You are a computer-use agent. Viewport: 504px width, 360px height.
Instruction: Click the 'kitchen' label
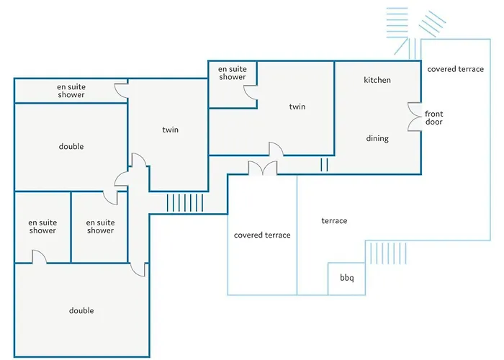[x=377, y=80]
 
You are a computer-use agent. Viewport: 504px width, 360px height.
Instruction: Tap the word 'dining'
[x=377, y=138]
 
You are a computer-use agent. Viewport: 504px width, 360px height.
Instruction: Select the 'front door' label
[x=433, y=117]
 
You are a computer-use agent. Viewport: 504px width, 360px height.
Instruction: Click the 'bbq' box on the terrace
[x=346, y=279]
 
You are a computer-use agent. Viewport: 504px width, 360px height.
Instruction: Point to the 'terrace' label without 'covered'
[x=334, y=220]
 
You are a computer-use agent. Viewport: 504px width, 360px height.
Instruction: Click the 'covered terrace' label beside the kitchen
[x=455, y=69]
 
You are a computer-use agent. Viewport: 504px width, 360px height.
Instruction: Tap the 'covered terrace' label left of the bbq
[x=262, y=235]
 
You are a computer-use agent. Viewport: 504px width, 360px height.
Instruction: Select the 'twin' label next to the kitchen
[x=297, y=107]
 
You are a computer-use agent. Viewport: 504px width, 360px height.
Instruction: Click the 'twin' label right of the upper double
[x=170, y=130]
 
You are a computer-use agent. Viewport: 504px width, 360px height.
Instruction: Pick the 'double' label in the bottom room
[x=81, y=310]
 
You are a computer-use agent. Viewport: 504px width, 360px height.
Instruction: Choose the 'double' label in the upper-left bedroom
[x=71, y=146]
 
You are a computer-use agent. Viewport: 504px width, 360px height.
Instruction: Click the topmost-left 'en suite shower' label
[x=71, y=91]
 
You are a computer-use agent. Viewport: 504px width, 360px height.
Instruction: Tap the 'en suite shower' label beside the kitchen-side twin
[x=232, y=73]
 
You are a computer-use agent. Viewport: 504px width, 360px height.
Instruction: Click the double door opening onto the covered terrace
[x=263, y=168]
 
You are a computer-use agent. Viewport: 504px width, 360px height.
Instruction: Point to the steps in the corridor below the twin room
[x=185, y=203]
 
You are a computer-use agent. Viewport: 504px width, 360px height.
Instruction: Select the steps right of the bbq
[x=387, y=253]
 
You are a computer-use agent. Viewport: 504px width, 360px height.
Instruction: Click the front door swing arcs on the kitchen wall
[x=415, y=117]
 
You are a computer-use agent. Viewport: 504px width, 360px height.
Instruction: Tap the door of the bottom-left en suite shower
[x=39, y=256]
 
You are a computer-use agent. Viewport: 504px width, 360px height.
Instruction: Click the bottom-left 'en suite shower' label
[x=42, y=226]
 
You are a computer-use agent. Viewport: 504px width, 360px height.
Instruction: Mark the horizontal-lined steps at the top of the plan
[x=397, y=22]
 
